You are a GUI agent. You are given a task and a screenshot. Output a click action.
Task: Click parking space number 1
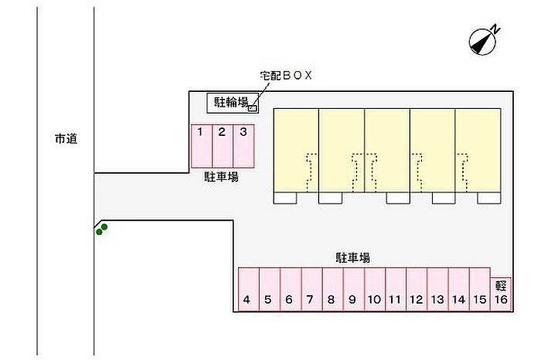point(200,146)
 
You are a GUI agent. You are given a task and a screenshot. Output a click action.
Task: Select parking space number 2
point(222,146)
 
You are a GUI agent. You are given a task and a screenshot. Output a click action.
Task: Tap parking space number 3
point(243,146)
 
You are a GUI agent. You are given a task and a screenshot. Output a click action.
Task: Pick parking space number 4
point(247,290)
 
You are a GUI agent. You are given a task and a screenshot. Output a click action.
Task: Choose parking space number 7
point(310,290)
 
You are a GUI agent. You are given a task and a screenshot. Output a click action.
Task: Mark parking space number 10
point(373,290)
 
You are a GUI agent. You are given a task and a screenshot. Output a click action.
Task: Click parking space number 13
point(437,290)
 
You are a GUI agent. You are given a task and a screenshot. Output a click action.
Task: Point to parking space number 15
point(479,290)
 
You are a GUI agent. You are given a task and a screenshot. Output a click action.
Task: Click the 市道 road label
point(66,140)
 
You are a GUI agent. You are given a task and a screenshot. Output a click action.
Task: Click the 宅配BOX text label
point(284,76)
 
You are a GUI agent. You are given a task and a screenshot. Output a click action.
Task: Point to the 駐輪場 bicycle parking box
point(230,102)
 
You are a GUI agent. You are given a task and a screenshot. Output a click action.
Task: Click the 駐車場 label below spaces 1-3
point(221,177)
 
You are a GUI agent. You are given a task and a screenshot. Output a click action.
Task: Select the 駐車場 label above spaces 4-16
point(352,257)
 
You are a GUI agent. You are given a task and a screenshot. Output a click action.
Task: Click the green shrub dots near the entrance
point(101,228)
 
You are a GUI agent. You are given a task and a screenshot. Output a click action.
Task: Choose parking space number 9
point(352,290)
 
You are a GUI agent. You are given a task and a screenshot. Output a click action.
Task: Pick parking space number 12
point(416,290)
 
